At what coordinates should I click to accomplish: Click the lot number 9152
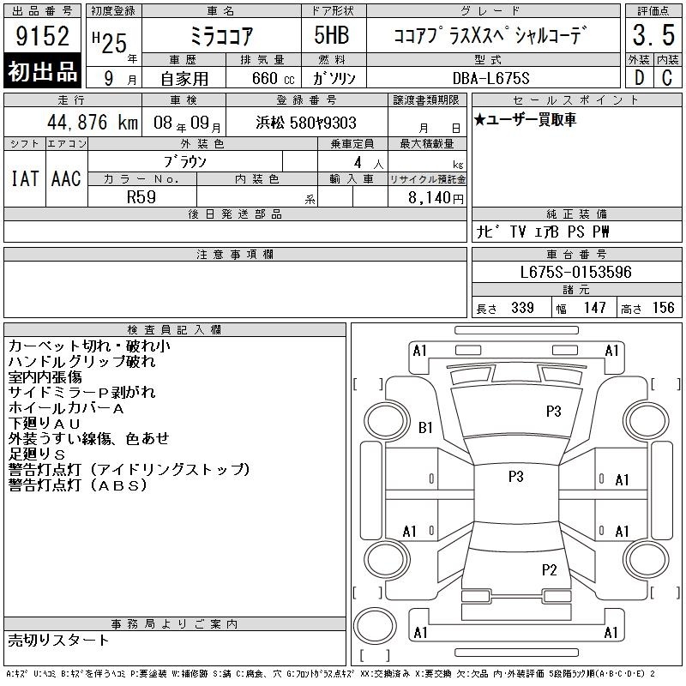click(x=42, y=35)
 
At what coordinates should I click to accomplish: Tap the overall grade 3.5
click(x=653, y=35)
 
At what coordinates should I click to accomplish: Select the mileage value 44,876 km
click(x=93, y=122)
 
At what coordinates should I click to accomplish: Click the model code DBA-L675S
click(x=490, y=78)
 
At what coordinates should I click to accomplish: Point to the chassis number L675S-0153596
click(x=575, y=272)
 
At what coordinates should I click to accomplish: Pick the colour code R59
click(x=141, y=197)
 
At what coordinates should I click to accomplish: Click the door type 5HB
click(x=332, y=35)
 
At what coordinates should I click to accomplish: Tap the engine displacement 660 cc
click(x=273, y=79)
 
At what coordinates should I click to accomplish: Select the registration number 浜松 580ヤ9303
click(x=306, y=123)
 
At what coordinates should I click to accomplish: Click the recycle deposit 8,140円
click(x=436, y=198)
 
